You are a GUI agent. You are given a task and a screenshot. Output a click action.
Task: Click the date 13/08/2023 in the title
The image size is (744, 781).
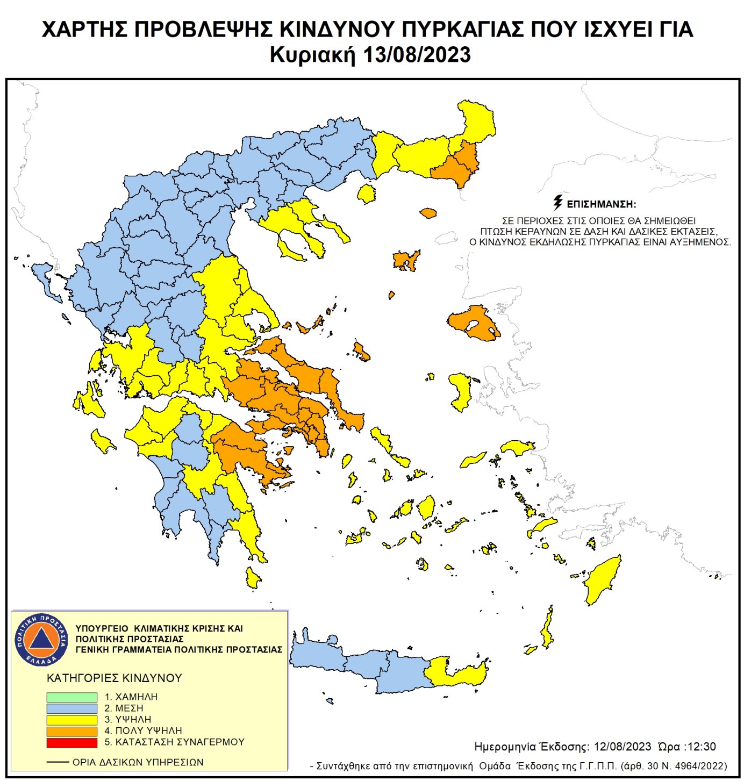(x=417, y=55)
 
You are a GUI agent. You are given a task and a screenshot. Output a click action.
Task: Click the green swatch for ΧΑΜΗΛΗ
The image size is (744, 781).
(x=71, y=697)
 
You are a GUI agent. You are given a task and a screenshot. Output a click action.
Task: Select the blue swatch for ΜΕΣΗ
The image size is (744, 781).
(x=71, y=708)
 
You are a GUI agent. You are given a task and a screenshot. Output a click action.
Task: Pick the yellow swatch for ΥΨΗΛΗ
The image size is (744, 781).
(x=71, y=719)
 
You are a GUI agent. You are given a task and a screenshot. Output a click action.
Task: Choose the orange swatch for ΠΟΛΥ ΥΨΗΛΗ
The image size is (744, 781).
(x=71, y=731)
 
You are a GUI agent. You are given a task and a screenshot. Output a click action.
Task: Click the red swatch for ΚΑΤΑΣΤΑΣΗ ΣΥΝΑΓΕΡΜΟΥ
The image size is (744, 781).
(x=71, y=742)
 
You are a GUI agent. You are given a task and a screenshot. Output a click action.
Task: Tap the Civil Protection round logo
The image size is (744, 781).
(x=41, y=639)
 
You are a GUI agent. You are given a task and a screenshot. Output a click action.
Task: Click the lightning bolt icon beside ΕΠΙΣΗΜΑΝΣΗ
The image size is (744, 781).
(x=558, y=203)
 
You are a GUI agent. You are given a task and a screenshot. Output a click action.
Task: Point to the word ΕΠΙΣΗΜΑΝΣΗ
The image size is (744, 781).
(x=602, y=204)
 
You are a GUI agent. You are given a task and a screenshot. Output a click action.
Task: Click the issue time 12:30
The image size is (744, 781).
(x=702, y=747)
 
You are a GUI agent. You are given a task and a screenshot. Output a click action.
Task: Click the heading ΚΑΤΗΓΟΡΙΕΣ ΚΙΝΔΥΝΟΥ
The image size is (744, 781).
(x=115, y=678)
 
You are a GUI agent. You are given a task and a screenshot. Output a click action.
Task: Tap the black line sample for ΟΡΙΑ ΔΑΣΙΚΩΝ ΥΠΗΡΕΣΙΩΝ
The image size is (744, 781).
(x=58, y=762)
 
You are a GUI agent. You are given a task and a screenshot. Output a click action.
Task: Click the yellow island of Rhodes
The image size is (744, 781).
(x=603, y=581)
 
